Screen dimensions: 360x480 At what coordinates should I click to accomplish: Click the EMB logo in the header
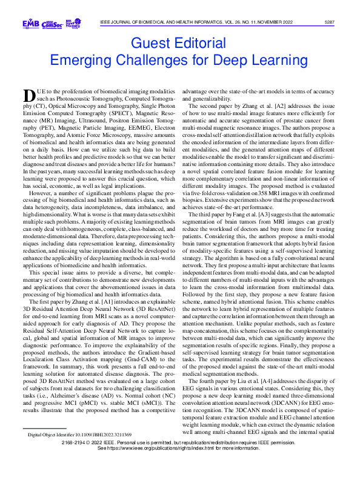click(x=30, y=24)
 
